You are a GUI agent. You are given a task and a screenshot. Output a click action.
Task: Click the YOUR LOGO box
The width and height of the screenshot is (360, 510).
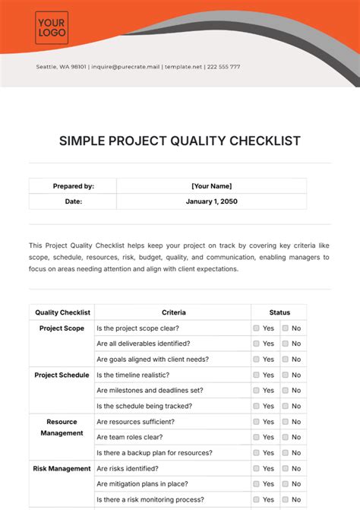52,28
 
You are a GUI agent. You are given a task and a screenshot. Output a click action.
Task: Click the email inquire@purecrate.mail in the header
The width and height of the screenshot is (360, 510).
125,67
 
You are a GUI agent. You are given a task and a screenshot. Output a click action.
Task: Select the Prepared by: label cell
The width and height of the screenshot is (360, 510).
73,186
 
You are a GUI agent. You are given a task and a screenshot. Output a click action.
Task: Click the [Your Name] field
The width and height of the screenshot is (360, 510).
211,186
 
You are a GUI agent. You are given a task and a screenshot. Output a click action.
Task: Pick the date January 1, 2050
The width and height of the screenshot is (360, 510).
211,201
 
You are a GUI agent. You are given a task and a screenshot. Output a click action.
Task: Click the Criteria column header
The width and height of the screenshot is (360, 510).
173,312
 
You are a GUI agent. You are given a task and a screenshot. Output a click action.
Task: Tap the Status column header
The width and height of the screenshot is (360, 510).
279,312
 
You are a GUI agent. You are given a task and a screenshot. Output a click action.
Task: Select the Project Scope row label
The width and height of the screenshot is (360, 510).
62,328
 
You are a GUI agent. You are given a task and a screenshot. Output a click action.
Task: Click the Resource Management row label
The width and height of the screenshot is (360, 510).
62,427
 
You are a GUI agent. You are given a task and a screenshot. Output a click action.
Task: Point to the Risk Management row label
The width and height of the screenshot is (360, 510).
62,469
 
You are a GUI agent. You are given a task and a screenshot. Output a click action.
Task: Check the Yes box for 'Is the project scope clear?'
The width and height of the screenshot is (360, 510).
256,328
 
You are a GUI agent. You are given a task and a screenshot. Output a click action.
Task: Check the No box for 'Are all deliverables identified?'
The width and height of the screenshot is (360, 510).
285,344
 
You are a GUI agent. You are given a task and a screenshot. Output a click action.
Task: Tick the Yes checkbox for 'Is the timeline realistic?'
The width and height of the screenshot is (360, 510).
256,375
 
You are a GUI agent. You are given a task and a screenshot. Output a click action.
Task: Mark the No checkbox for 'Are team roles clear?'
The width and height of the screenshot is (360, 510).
285,437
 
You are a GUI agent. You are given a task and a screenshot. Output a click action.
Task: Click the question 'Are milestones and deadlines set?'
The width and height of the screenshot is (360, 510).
150,391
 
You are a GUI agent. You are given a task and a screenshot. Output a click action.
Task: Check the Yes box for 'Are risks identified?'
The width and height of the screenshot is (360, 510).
256,469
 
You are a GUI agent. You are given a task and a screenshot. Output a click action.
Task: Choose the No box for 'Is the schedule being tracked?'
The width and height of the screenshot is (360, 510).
285,406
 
